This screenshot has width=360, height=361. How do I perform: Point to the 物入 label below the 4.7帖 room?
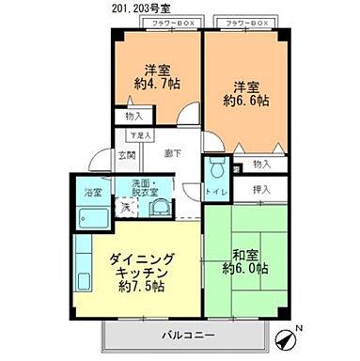(133, 116)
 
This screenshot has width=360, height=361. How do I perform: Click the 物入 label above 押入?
(262, 165)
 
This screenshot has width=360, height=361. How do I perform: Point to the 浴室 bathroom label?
(93, 193)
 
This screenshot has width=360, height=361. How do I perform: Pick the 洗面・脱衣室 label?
(147, 186)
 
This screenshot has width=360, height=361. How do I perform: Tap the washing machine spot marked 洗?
(123, 208)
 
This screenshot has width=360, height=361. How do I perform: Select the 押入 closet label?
(262, 190)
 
